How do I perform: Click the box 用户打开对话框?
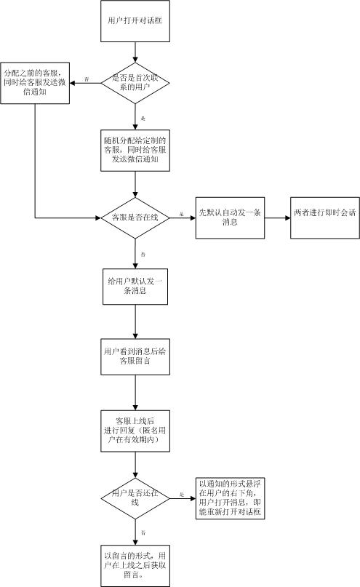(135, 22)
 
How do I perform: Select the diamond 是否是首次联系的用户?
(135, 81)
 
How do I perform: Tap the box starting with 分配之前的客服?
(35, 81)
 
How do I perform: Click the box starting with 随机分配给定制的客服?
(135, 150)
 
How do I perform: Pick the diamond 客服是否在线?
(135, 217)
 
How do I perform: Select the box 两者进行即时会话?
(325, 217)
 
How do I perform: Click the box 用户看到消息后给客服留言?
(135, 357)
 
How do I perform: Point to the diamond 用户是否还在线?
(135, 498)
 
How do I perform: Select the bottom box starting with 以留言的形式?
(135, 564)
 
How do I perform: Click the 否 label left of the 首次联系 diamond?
(87, 77)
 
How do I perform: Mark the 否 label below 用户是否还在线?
(143, 533)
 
